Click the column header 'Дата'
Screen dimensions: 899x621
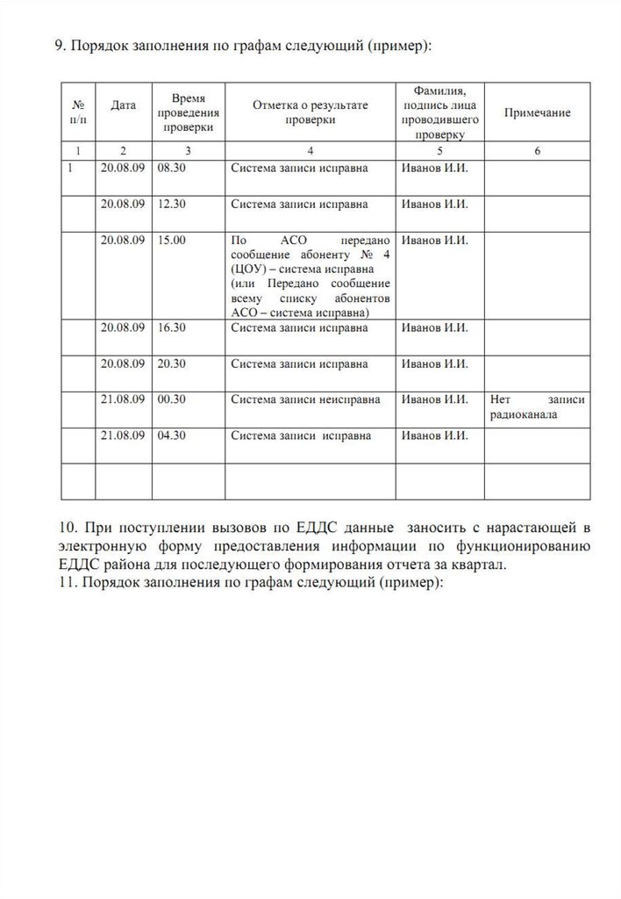(x=124, y=105)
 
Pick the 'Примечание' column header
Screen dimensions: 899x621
(x=537, y=112)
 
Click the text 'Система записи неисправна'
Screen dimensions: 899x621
(x=305, y=399)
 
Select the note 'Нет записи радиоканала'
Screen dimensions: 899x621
(x=538, y=406)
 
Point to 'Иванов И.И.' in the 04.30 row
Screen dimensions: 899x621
(x=434, y=435)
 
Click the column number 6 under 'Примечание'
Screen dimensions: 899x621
(x=537, y=150)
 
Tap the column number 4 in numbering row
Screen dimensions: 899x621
(x=310, y=150)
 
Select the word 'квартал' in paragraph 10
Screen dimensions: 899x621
(x=482, y=565)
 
